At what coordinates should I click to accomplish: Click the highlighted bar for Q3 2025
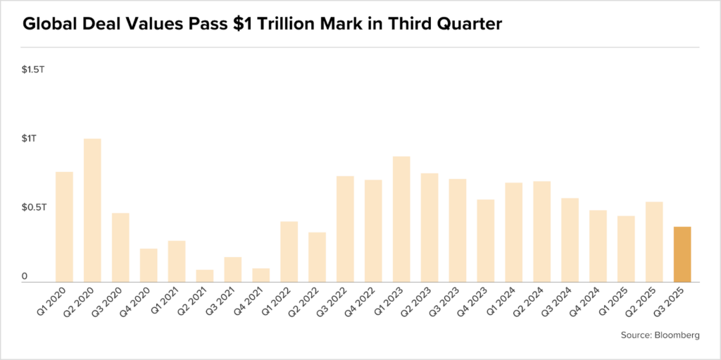(682, 254)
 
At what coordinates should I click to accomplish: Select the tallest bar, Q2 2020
(92, 211)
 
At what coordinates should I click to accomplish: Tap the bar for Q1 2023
(401, 219)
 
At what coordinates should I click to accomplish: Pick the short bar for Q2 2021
(205, 275)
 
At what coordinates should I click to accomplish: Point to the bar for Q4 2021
(261, 275)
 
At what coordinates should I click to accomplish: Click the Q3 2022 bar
(345, 229)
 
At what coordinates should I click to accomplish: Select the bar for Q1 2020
(64, 227)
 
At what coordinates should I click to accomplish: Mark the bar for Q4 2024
(598, 246)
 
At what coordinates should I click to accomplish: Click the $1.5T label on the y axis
(33, 70)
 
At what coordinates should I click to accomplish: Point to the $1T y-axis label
(29, 139)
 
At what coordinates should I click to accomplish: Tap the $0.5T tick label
(33, 208)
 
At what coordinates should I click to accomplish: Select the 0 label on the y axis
(24, 277)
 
